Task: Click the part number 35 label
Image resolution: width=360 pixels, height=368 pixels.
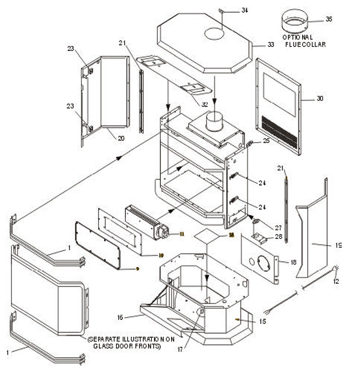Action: [x=329, y=19]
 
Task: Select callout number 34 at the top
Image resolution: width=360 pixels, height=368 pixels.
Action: [x=245, y=10]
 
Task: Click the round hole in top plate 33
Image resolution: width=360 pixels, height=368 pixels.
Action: [x=214, y=33]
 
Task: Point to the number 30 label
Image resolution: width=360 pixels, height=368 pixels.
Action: [x=320, y=98]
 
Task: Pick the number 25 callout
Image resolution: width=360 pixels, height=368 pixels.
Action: [x=266, y=141]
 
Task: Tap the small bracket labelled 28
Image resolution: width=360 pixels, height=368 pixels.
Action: [x=260, y=238]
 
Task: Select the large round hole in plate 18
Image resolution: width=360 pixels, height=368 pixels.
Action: [x=263, y=263]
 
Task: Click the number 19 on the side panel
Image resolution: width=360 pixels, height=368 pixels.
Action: [x=338, y=246]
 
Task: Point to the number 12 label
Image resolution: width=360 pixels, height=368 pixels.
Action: [x=336, y=281]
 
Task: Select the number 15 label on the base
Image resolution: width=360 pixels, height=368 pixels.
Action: [x=262, y=321]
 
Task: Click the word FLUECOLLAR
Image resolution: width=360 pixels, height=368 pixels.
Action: [x=305, y=45]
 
